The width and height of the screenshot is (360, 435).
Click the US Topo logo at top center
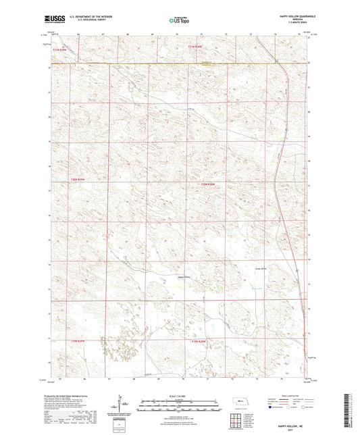(x=179, y=20)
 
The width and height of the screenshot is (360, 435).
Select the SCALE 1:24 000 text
(x=179, y=394)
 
